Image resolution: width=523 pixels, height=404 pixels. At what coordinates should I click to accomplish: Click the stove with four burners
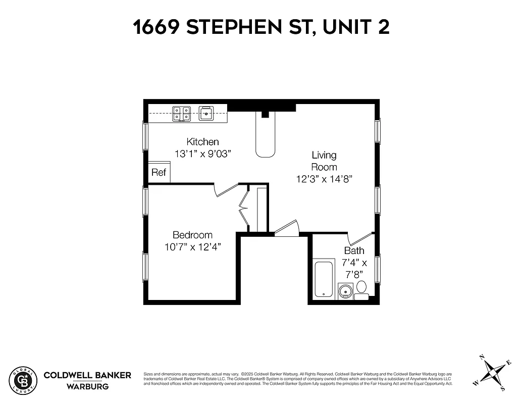[x=182, y=114]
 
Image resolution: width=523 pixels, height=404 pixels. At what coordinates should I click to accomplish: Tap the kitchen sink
[x=206, y=113]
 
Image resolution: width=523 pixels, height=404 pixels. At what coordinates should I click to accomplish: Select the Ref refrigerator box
[x=159, y=172]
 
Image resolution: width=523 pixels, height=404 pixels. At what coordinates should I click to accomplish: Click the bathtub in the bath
[x=324, y=278]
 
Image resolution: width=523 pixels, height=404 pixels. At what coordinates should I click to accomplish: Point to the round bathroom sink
[x=345, y=291]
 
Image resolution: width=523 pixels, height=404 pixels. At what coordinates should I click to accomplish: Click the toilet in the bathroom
[x=361, y=289]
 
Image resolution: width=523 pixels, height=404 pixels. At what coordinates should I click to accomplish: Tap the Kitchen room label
[x=202, y=142]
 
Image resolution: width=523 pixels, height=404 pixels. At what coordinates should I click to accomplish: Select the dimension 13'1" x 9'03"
[x=202, y=154]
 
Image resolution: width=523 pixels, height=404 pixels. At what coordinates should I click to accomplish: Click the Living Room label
[x=324, y=161]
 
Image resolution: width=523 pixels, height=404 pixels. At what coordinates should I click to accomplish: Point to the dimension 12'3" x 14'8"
[x=324, y=179]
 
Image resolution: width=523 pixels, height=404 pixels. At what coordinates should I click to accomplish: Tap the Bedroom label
[x=192, y=235]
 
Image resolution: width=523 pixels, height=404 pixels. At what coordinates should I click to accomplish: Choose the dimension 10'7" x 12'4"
[x=192, y=247]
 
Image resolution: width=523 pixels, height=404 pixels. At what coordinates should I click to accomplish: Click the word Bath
[x=354, y=250]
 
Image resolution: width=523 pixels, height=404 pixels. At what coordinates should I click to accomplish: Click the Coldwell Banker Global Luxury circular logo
[x=23, y=380]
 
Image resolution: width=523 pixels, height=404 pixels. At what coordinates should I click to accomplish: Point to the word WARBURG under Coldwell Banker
[x=87, y=387]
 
